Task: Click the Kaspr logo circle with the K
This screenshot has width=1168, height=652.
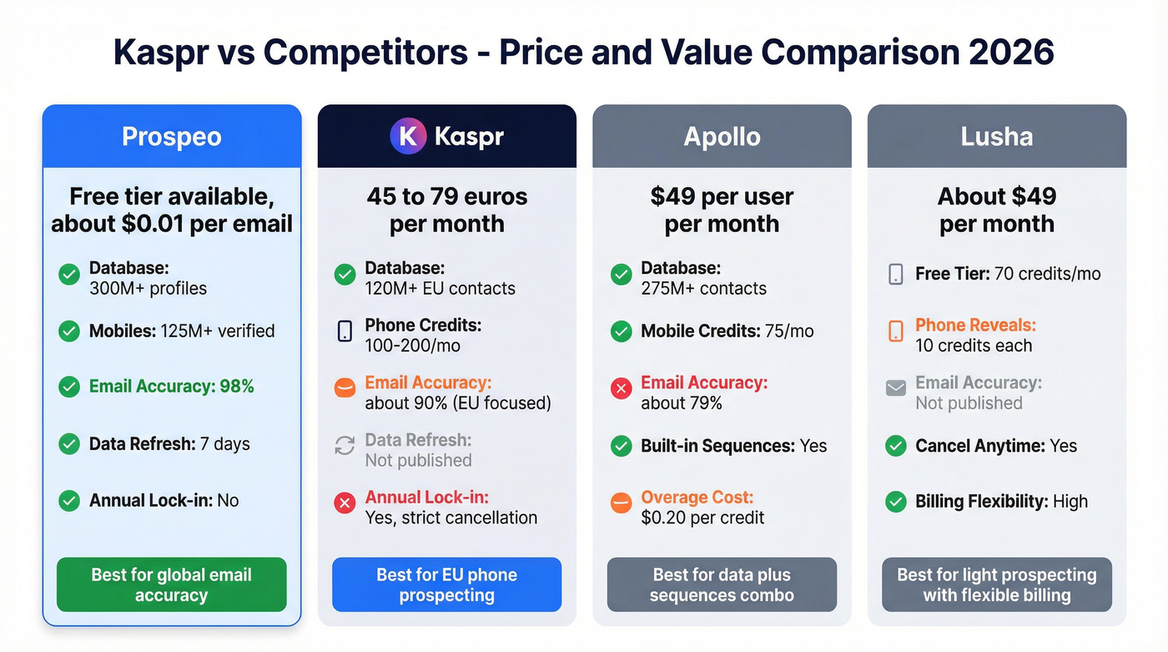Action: tap(408, 136)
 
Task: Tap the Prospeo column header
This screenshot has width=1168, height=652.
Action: tap(172, 136)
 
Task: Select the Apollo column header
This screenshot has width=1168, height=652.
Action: tap(722, 136)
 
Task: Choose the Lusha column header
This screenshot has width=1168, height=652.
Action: tap(996, 136)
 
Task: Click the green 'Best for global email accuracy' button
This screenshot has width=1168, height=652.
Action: tap(172, 584)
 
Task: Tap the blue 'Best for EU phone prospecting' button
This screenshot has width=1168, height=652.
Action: tap(446, 584)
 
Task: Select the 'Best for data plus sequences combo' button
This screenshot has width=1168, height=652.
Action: tap(722, 584)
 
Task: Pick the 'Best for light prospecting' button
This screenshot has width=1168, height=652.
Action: tap(996, 584)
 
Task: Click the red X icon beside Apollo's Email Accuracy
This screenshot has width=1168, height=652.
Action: tap(621, 389)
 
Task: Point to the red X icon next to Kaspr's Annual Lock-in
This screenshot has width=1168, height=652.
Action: tap(345, 503)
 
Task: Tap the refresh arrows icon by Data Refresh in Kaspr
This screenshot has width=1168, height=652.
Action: tap(345, 446)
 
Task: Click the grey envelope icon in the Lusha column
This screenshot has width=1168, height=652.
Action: tap(896, 388)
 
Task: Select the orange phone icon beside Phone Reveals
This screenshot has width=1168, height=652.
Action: tap(896, 331)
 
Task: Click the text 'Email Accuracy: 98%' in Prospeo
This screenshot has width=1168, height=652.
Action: tap(171, 387)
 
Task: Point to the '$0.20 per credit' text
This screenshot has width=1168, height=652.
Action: tap(702, 518)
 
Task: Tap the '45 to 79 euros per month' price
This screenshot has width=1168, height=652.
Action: tap(446, 210)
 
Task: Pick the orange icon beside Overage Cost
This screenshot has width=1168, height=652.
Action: tap(621, 503)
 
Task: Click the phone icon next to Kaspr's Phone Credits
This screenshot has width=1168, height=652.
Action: tap(345, 331)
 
